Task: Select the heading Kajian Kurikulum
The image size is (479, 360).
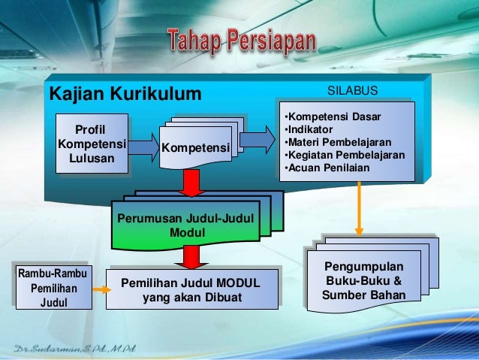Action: tap(125, 94)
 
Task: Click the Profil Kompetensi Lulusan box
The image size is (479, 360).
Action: tap(92, 143)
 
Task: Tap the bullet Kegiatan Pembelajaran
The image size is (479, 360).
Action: tap(344, 155)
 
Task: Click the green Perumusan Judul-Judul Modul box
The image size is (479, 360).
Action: tap(185, 224)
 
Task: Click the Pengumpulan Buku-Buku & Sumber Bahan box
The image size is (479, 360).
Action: tap(363, 282)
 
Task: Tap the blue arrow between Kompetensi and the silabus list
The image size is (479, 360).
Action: tap(257, 137)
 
